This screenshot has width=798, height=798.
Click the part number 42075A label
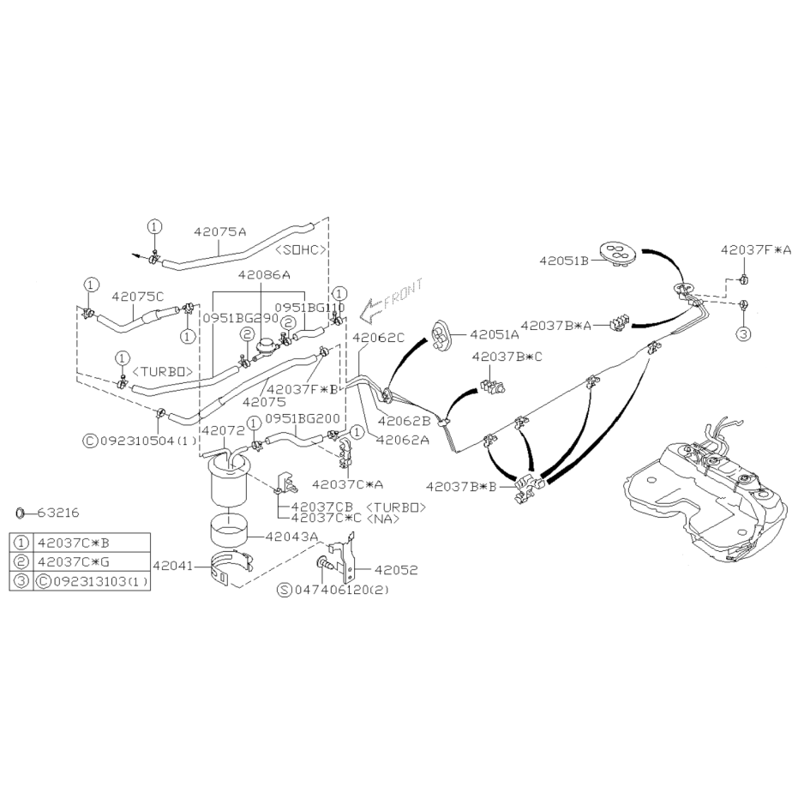tap(219, 232)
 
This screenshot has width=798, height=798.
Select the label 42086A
tap(264, 275)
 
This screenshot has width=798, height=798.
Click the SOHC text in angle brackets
tap(300, 250)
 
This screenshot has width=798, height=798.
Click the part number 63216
tap(58, 513)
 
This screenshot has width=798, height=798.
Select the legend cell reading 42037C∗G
tap(74, 562)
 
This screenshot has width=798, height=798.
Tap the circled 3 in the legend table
tap(21, 581)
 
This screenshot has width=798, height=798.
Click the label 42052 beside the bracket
tap(396, 570)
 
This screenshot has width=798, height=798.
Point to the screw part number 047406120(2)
tap(339, 590)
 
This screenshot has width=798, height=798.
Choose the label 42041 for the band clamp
tap(173, 566)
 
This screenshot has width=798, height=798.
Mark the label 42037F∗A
tap(756, 250)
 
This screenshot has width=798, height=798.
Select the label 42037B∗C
tap(507, 357)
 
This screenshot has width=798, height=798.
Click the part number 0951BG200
tap(303, 419)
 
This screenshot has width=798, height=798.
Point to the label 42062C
tap(378, 338)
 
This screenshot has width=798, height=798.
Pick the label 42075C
tap(138, 297)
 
